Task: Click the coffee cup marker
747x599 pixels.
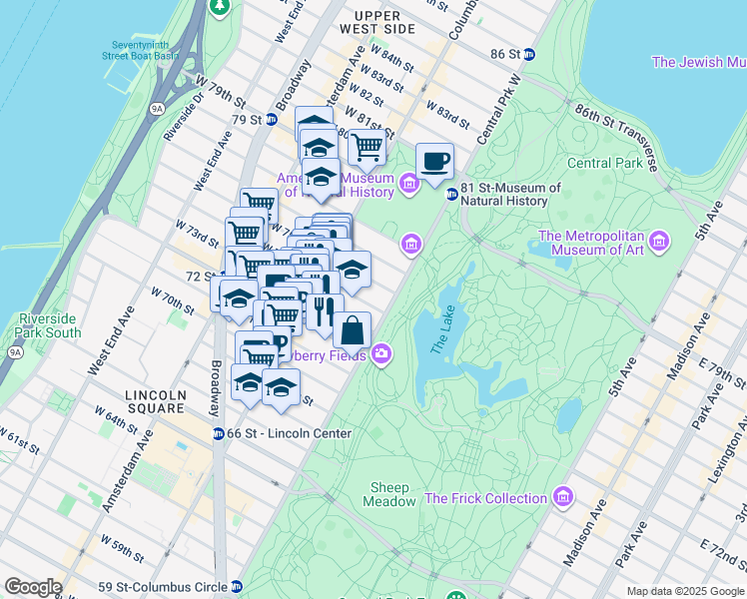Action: [434, 162]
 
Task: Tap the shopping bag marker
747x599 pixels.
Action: [352, 330]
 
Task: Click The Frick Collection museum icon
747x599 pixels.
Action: [564, 497]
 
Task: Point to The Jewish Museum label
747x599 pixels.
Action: [698, 62]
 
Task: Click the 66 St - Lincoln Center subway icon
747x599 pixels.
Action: [218, 433]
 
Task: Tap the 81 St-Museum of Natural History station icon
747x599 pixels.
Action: [451, 194]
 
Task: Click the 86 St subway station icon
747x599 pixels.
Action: [530, 54]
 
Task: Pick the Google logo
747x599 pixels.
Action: [33, 587]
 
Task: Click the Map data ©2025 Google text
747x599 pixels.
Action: [684, 591]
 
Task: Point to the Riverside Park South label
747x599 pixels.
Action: [48, 325]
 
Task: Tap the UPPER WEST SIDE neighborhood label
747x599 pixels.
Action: [377, 22]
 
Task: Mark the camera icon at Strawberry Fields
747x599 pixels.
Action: [380, 355]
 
